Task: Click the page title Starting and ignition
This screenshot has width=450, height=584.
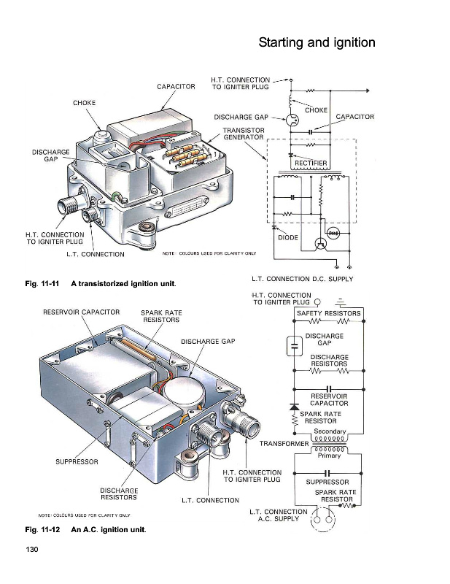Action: pos(317,42)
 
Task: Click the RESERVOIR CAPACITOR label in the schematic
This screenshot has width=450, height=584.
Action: pos(329,399)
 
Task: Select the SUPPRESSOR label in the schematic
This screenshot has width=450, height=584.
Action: pos(327,482)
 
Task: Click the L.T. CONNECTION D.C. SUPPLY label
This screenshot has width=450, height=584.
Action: pos(302,279)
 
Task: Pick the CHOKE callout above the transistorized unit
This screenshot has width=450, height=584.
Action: pos(85,103)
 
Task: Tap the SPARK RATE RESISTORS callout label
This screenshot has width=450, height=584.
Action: pos(160,316)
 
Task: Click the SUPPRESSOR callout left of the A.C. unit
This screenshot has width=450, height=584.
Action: pos(77,461)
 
